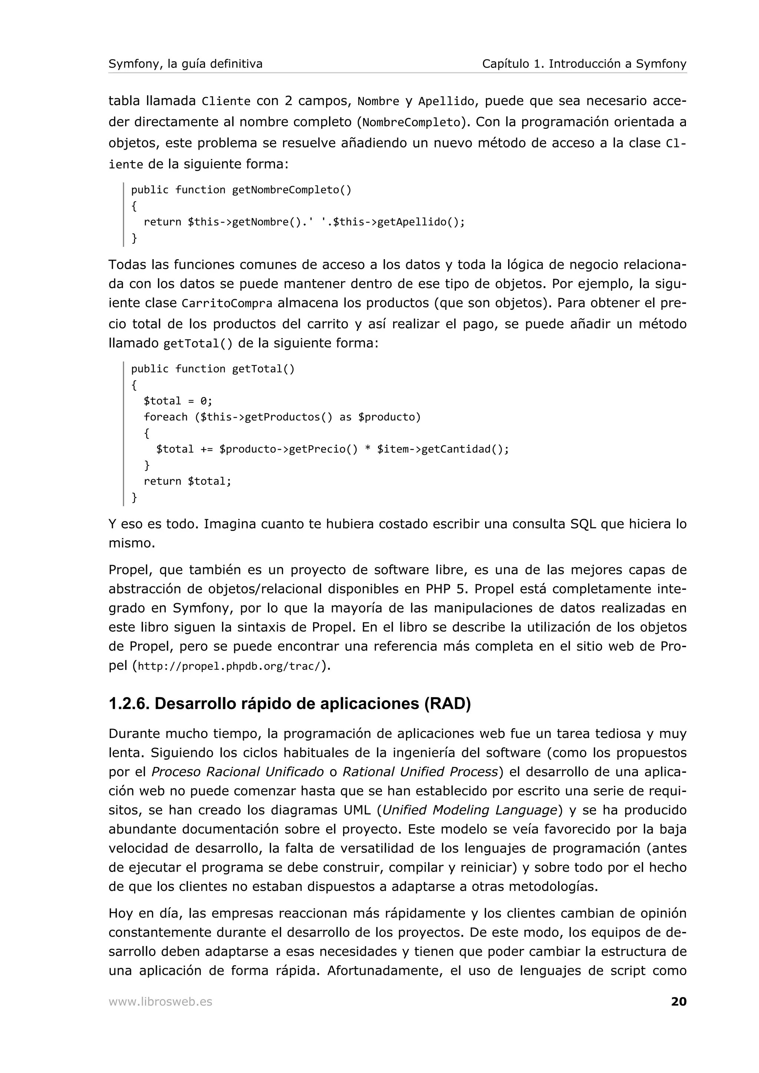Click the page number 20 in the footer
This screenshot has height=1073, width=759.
678,1002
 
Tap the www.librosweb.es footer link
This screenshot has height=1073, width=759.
160,1002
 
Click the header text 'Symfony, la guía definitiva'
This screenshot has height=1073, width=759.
185,64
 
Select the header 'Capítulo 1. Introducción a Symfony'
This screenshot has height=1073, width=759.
584,64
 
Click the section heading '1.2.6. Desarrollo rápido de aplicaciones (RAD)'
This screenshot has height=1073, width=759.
289,704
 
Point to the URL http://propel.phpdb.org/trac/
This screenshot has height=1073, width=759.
231,666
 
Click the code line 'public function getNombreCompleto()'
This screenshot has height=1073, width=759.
241,190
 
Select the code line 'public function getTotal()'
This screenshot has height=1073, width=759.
213,369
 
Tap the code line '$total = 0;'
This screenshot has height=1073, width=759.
178,401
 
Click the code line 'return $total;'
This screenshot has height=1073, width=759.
187,481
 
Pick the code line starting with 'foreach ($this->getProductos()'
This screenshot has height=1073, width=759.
282,417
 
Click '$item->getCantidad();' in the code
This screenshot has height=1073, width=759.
443,449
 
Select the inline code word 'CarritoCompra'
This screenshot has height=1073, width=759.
227,304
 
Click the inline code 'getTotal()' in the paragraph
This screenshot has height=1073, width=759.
198,344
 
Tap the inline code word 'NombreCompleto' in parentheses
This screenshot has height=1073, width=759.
411,123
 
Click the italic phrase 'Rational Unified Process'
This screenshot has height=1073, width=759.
420,772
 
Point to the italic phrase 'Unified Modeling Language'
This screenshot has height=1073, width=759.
470,810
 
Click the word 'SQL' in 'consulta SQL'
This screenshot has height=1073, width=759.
583,524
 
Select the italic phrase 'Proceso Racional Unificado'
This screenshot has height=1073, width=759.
238,772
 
